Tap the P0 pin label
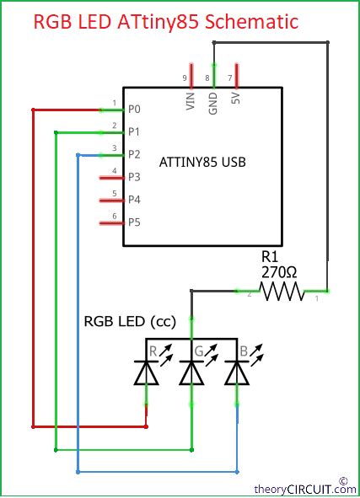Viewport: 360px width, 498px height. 134,110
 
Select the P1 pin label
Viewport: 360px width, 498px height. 134,132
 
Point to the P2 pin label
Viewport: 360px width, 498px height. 134,155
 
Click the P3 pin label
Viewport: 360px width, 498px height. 134,178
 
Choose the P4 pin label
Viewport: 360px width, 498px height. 134,201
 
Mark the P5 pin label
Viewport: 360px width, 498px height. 134,223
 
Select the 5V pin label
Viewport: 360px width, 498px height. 235,102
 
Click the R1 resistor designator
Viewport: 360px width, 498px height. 269,254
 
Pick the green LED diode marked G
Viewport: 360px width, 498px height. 192,372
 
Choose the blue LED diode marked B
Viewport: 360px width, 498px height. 237,372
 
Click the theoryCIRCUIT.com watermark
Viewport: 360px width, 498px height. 304,488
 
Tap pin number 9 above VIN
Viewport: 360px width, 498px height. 185,78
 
